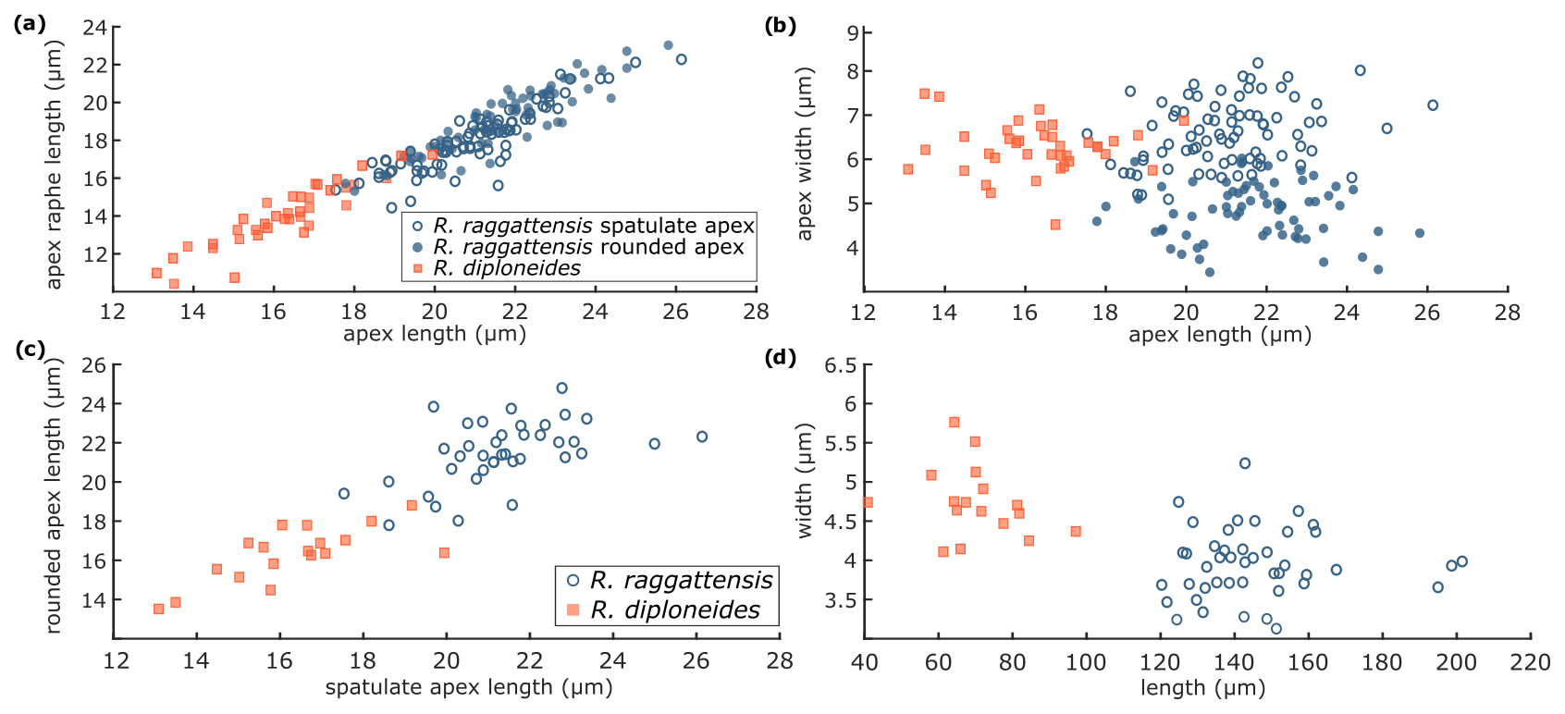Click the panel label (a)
pos(30,25)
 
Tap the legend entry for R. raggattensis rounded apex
pos(588,247)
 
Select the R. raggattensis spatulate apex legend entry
pos(594,226)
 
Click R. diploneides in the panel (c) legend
pos(675,609)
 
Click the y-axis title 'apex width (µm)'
pos(805,154)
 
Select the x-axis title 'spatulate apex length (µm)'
pos(469,687)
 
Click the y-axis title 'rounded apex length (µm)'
pos(55,499)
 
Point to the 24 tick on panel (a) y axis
pos(94,27)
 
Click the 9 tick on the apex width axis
pos(853,33)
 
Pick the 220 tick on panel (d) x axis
pos(1530,663)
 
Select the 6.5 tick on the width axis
pos(840,365)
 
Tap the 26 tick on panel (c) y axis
pos(94,364)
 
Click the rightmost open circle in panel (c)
pos(702,437)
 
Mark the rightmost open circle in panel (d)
pos(1461,561)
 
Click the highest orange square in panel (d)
pos(955,423)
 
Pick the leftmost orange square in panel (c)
pos(158,609)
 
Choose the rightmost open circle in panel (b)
pos(1433,105)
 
